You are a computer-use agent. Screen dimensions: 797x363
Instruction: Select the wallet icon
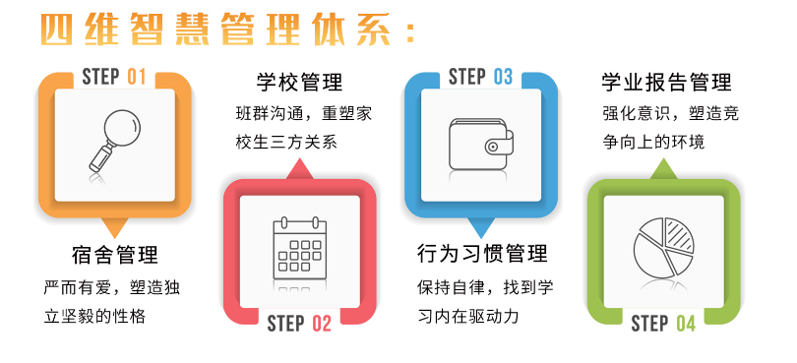[x=481, y=144]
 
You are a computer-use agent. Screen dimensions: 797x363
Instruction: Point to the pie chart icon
[x=664, y=248]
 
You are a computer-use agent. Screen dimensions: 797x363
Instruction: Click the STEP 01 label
[x=114, y=77]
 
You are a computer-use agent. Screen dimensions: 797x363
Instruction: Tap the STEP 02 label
[x=299, y=324]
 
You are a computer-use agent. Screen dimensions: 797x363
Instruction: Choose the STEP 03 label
[x=480, y=77]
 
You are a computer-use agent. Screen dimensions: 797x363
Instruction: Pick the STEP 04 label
[x=663, y=324]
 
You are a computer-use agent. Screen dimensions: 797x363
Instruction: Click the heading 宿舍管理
[x=115, y=255]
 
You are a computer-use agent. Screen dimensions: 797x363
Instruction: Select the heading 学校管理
[x=299, y=83]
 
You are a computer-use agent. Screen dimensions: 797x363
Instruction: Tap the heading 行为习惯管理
[x=482, y=253]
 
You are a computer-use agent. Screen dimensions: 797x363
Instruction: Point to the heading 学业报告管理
[x=666, y=82]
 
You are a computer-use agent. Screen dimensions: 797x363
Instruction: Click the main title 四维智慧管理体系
[x=216, y=30]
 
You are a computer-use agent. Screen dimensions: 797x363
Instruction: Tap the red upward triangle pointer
[x=300, y=169]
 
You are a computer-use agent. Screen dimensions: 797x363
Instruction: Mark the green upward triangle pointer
[x=664, y=169]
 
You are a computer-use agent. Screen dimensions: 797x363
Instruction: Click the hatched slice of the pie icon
[x=678, y=233]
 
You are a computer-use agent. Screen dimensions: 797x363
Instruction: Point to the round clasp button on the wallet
[x=492, y=148]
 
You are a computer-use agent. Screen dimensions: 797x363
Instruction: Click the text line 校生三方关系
[x=286, y=143]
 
